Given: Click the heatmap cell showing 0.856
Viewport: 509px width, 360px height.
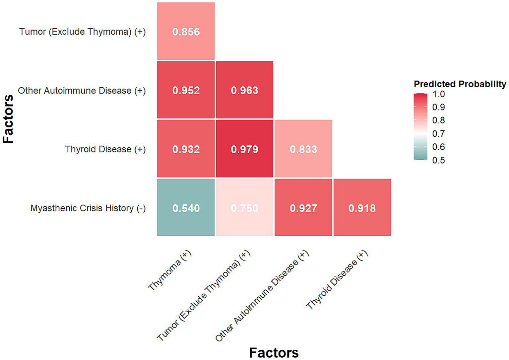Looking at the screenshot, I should [x=186, y=32].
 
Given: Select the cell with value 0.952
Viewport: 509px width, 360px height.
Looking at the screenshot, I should [x=186, y=90].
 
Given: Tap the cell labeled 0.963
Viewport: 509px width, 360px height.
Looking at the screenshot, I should [x=244, y=90].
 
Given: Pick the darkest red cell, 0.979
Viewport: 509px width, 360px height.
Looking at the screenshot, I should [x=244, y=149].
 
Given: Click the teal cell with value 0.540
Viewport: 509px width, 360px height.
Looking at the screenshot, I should [x=186, y=208].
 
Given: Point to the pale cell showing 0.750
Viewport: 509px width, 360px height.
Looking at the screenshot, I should [x=244, y=208].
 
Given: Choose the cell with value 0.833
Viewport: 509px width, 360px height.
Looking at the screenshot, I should [x=303, y=149].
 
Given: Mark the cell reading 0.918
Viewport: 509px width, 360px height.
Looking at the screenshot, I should [x=362, y=208].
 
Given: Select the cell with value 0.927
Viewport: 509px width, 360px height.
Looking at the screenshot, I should [x=303, y=208].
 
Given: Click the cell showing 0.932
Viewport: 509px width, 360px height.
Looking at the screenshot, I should [x=186, y=149].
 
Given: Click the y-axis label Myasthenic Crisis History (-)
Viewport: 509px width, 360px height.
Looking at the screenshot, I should [x=88, y=208].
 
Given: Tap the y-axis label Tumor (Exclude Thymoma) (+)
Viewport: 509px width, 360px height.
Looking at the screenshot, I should [x=82, y=32].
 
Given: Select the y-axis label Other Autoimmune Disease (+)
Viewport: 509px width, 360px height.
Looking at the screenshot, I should [x=82, y=91].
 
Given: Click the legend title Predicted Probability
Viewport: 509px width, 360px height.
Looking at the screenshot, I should [x=460, y=84].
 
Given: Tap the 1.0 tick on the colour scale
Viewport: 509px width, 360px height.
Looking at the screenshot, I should [x=438, y=94].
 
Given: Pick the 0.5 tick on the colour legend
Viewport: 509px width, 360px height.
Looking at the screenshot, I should [x=438, y=160].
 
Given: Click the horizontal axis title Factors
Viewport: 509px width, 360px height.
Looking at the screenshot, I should [x=274, y=352].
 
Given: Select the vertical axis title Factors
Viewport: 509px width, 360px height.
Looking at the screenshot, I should [x=8, y=119].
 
